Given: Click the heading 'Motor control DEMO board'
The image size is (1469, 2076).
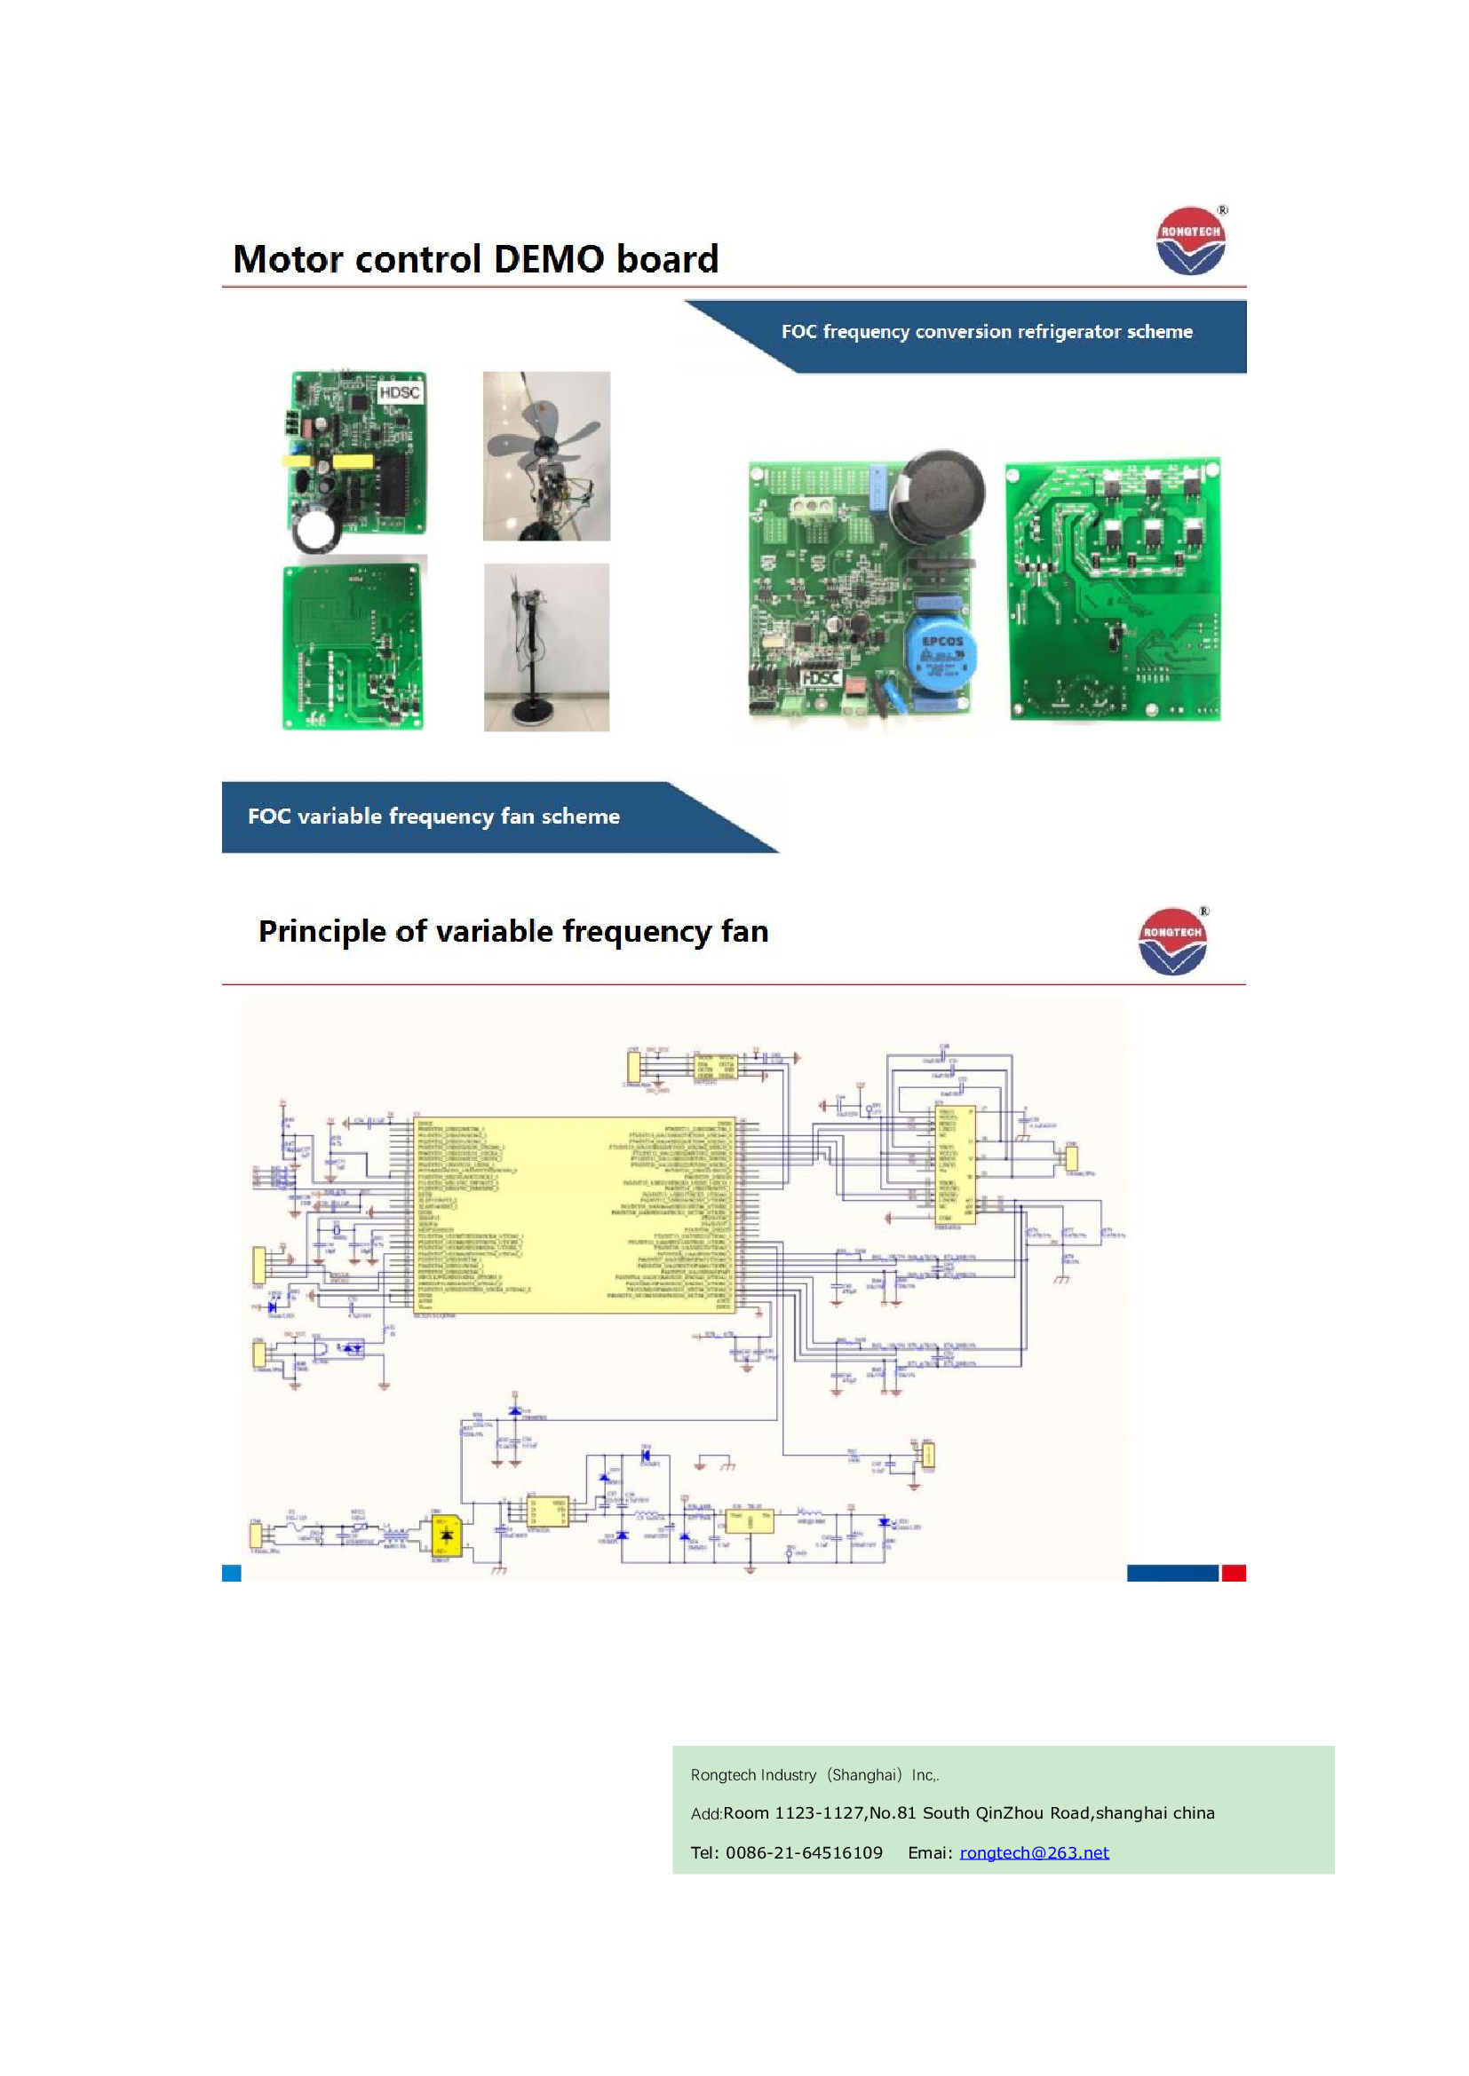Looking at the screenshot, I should point(476,259).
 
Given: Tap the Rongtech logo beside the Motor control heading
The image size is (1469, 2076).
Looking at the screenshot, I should point(1190,241).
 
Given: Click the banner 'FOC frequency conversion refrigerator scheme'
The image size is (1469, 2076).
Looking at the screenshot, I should point(986,332).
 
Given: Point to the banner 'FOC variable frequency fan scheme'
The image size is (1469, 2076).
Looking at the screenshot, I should point(433,817).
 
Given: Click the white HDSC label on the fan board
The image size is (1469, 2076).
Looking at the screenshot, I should point(399,392).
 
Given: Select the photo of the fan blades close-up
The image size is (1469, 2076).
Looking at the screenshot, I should point(546,455).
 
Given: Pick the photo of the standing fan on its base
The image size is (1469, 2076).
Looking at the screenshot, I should point(546,647).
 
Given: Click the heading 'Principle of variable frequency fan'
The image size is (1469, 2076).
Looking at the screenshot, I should point(512,931).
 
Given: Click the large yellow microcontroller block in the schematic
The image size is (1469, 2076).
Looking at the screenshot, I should point(576,1214).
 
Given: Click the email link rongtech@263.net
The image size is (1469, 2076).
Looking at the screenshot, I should point(1034,1852).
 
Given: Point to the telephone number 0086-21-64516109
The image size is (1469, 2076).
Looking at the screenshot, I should point(804,1852).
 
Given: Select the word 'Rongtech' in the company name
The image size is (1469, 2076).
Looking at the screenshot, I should point(721,1775).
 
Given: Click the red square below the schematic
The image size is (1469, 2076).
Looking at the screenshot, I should point(1233,1574).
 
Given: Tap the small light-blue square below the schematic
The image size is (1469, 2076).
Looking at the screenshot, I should point(232,1574).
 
